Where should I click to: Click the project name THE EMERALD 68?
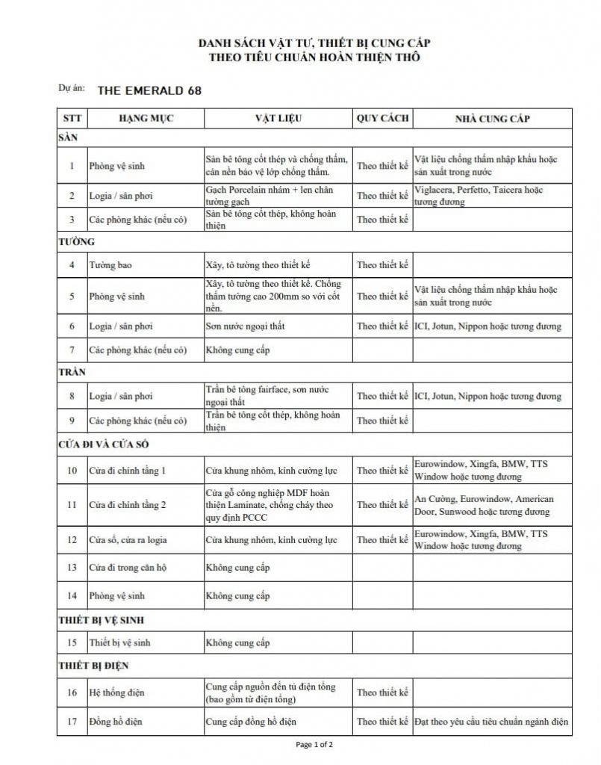point(149,90)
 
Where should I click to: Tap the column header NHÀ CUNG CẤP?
point(493,119)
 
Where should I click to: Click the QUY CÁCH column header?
point(382,119)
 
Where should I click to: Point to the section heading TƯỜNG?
point(76,242)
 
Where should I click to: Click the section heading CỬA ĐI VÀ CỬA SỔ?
point(106,445)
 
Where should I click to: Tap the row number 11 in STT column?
point(72,505)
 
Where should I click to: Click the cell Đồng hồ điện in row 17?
point(116,722)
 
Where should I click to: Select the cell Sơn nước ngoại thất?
point(245,326)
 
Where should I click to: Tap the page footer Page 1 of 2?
point(314,745)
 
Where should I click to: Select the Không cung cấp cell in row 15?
point(237,643)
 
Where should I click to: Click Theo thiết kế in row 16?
point(382,693)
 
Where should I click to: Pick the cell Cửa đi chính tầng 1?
point(127,471)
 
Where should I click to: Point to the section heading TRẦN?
point(72,371)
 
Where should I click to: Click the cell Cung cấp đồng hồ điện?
point(251,722)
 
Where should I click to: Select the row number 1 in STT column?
point(72,166)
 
